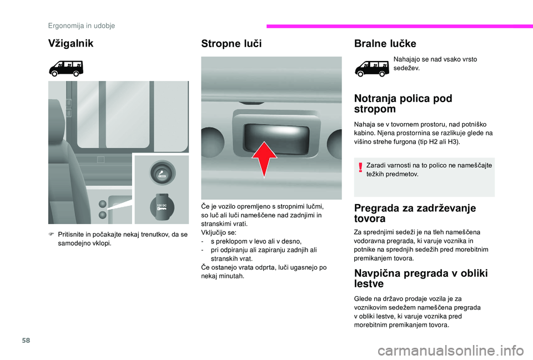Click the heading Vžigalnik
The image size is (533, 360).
pos(71,43)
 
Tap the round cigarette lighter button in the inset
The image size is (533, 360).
pos(161,170)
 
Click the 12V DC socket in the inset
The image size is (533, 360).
pos(161,206)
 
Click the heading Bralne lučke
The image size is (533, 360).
pos(385,43)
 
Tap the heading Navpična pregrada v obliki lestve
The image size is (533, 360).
pos(420,278)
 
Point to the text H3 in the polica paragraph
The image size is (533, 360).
pos(450,142)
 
